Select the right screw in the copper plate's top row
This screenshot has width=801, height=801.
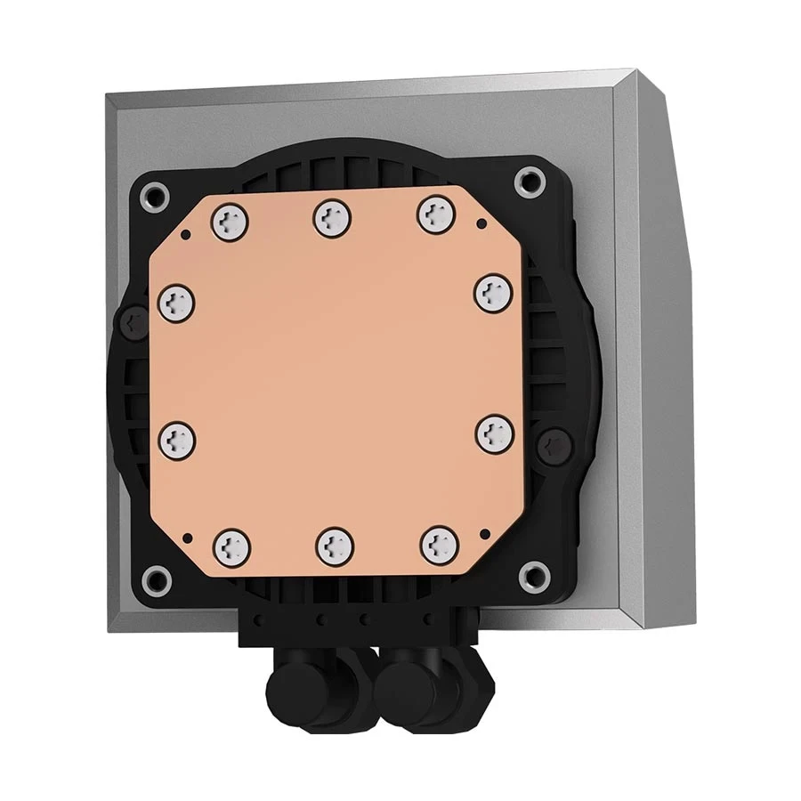click(x=434, y=214)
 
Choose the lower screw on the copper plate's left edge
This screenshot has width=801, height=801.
click(x=176, y=438)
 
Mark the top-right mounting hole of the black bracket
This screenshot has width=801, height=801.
click(x=530, y=182)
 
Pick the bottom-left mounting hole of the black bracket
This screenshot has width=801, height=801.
click(x=158, y=578)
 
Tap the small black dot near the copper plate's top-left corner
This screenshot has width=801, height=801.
click(x=187, y=234)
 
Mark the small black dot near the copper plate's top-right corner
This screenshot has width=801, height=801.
click(x=481, y=224)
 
